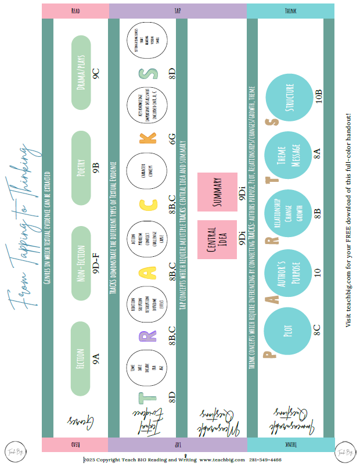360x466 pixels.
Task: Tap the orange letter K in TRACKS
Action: pyautogui.click(x=150, y=138)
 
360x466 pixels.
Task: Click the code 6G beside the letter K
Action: pyautogui.click(x=172, y=138)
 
